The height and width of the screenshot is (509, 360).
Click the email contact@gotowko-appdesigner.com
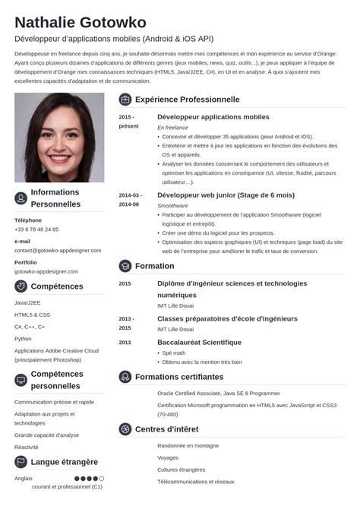coord(56,250)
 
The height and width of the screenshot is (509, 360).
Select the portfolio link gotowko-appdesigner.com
coord(46,271)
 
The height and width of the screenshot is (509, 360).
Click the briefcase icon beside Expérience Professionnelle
coord(125,100)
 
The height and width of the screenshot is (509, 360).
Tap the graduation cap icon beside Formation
coord(125,266)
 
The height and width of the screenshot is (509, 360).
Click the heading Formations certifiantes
coord(179,377)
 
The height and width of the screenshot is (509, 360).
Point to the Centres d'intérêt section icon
coord(125,429)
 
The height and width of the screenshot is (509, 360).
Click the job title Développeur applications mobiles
coord(213,117)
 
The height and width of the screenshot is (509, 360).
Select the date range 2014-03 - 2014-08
coord(129,200)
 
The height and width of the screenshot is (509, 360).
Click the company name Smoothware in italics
coord(172,206)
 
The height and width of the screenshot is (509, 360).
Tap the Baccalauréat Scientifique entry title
coord(199,342)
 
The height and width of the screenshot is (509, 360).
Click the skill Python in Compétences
coord(23,338)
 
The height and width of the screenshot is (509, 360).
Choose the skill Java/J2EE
coord(27,302)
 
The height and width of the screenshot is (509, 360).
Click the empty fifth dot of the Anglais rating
coord(102,479)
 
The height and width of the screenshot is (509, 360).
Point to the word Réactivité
coord(27,447)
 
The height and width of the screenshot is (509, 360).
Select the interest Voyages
coord(168,457)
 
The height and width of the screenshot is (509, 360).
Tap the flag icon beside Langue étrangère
coord(21,462)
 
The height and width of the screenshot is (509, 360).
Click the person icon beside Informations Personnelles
coord(21,198)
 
